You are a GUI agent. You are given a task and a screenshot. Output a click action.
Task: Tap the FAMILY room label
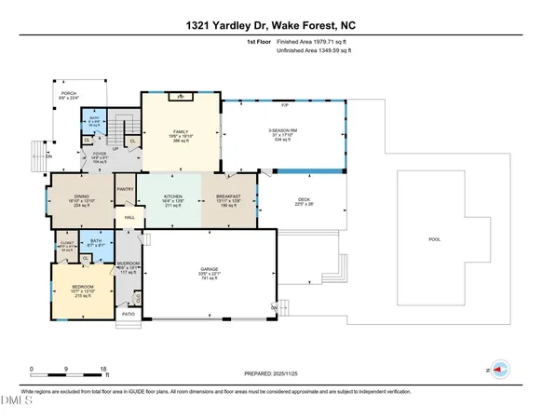tap(181, 131)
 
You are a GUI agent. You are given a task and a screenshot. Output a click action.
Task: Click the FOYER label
tap(102, 152)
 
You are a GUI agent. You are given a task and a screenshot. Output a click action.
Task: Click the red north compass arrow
tap(499, 370)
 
